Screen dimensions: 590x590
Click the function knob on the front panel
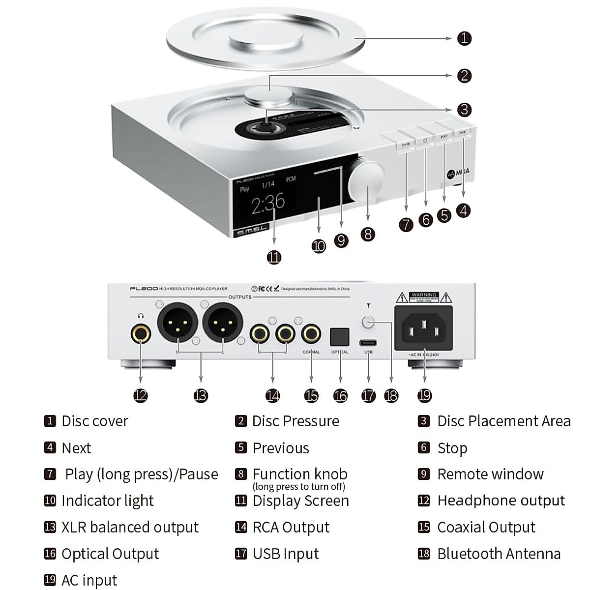click(x=366, y=179)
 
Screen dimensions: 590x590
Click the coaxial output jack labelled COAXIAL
click(x=311, y=334)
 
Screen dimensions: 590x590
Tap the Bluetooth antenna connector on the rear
click(x=368, y=323)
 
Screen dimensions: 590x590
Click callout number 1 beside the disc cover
click(x=464, y=38)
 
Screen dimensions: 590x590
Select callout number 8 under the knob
click(x=368, y=234)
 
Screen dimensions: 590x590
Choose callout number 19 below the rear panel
click(x=424, y=395)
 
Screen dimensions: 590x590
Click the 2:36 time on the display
click(x=268, y=203)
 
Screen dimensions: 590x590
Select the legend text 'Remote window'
click(x=490, y=474)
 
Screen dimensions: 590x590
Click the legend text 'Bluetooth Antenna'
click(x=499, y=554)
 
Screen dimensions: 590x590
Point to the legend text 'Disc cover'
click(x=94, y=421)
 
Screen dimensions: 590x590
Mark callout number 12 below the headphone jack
click(x=141, y=395)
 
